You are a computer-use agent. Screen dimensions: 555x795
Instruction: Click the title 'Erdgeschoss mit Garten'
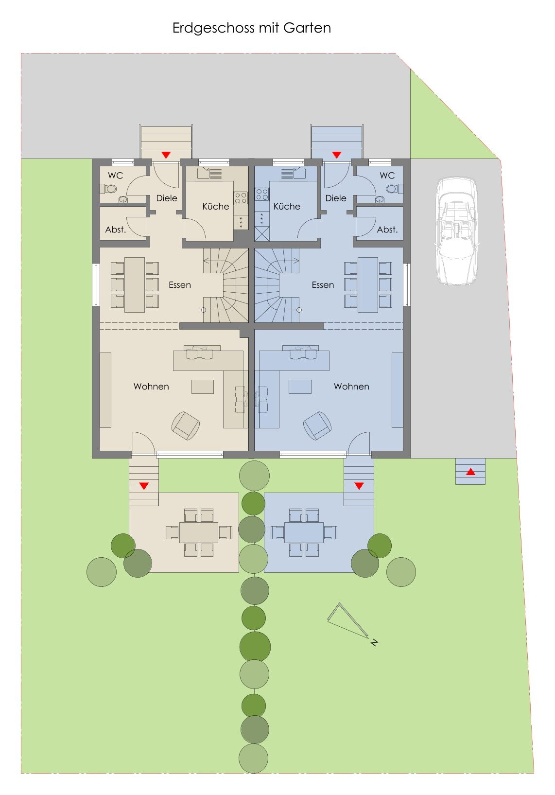(x=251, y=28)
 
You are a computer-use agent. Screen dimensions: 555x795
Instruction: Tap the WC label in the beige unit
(x=115, y=176)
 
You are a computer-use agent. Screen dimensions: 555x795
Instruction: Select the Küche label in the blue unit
(x=287, y=206)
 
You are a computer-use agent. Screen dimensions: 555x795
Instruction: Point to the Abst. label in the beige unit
(x=116, y=230)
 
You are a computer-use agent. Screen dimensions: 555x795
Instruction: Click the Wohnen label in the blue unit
(x=351, y=386)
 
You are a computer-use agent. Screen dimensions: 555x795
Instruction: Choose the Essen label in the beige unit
(x=180, y=284)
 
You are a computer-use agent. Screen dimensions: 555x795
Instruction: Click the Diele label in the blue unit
(x=336, y=198)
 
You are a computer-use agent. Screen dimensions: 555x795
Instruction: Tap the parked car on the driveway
(x=456, y=231)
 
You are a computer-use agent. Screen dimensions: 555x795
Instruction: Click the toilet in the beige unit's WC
(x=108, y=189)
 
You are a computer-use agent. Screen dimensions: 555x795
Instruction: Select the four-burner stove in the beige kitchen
(x=241, y=198)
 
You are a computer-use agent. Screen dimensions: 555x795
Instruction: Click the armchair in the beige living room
(x=185, y=425)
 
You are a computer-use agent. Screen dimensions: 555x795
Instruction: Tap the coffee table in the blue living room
(x=300, y=387)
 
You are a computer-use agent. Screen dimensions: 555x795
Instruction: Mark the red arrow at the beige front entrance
(x=166, y=155)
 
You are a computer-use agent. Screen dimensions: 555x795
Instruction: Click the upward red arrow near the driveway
(x=470, y=472)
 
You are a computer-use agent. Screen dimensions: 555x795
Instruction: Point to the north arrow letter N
(x=374, y=642)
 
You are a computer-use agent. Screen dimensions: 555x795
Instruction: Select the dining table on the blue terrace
(x=304, y=532)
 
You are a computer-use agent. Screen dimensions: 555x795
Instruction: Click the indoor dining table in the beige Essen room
(x=135, y=284)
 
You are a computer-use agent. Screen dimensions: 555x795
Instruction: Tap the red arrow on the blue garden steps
(x=359, y=486)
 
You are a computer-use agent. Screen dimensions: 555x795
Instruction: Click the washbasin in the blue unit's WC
(x=380, y=199)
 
